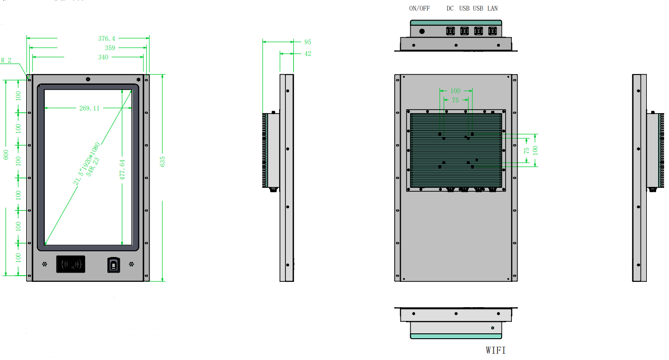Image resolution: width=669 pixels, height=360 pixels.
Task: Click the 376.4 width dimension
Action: [106, 39]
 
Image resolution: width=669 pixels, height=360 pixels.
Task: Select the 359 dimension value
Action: [110, 48]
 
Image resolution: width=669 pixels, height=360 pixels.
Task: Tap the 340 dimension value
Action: [103, 57]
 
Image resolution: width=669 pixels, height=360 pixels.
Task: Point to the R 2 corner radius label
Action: [6, 60]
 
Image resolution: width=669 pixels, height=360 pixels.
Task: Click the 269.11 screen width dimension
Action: [89, 108]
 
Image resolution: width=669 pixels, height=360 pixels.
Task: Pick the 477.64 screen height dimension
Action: [123, 169]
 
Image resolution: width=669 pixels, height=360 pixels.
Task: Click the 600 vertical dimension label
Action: [6, 154]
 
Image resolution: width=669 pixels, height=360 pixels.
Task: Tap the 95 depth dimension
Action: [308, 42]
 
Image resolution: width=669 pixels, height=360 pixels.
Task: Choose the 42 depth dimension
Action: [308, 54]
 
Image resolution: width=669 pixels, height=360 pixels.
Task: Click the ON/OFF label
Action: [419, 8]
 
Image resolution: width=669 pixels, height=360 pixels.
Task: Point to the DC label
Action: [450, 8]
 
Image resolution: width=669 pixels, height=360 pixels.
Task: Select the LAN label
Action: [492, 8]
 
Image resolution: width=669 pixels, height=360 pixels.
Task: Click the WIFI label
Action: [495, 350]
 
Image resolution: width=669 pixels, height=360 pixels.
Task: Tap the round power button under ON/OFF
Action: [422, 32]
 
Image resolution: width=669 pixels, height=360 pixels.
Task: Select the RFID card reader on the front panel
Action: [71, 265]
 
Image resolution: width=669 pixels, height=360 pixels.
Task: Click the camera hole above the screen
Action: [88, 79]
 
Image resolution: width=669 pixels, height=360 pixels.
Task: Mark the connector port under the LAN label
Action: [492, 31]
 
